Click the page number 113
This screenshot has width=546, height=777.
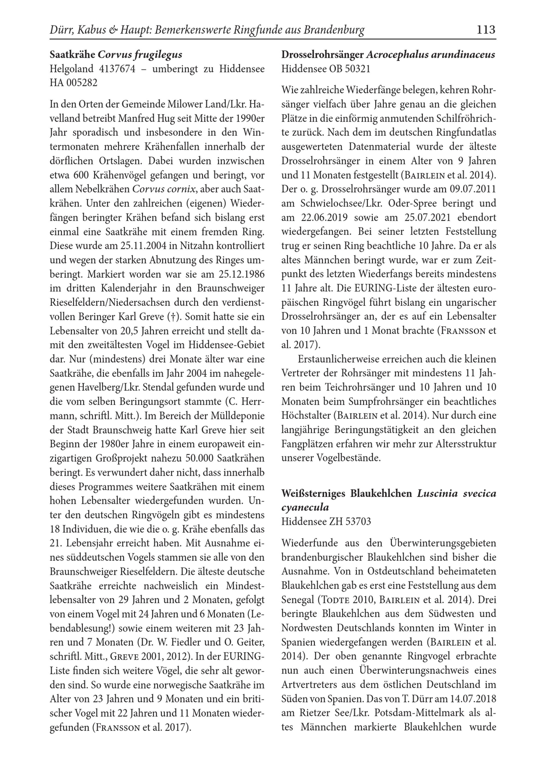click(486, 30)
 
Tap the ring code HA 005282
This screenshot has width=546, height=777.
click(73, 83)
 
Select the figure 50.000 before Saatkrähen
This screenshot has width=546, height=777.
click(201, 459)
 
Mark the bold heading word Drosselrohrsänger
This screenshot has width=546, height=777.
click(322, 55)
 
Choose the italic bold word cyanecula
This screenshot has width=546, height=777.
click(305, 507)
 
